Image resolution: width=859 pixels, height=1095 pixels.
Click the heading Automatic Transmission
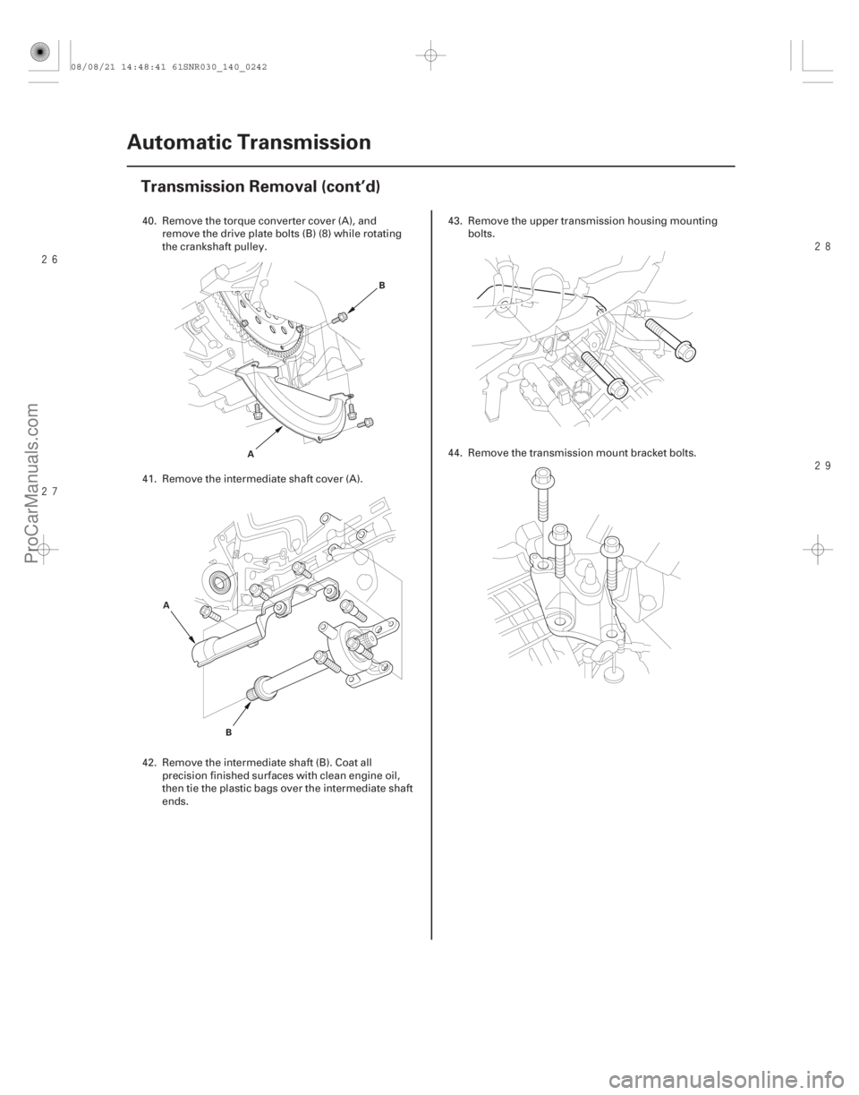(x=250, y=142)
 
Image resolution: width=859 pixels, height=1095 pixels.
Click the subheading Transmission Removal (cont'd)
(x=260, y=187)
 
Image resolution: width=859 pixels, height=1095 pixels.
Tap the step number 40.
(x=149, y=221)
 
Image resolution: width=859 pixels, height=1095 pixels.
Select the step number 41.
(x=149, y=479)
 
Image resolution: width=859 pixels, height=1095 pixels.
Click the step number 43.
(x=455, y=221)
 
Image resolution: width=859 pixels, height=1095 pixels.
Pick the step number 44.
(x=455, y=453)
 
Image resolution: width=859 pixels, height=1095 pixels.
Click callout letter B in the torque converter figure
(x=382, y=286)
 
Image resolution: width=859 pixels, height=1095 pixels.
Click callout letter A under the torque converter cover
(x=251, y=454)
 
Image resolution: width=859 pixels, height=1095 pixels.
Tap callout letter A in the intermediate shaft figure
(x=166, y=605)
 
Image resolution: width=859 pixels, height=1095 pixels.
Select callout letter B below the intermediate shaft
(x=228, y=732)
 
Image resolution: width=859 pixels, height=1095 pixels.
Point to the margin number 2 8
(x=821, y=246)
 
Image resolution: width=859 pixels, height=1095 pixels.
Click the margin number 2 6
(x=50, y=260)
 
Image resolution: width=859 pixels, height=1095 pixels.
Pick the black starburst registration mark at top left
(x=38, y=53)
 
